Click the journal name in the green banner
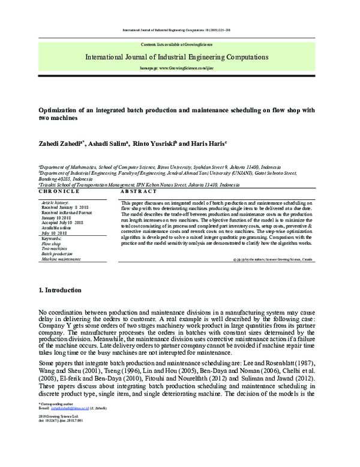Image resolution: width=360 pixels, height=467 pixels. pyautogui.click(x=176, y=58)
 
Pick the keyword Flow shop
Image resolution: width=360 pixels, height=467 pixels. pyautogui.click(x=51, y=244)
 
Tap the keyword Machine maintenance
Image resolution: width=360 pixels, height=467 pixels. pyautogui.click(x=61, y=259)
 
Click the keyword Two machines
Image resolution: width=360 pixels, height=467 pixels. pyautogui.click(x=53, y=249)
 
